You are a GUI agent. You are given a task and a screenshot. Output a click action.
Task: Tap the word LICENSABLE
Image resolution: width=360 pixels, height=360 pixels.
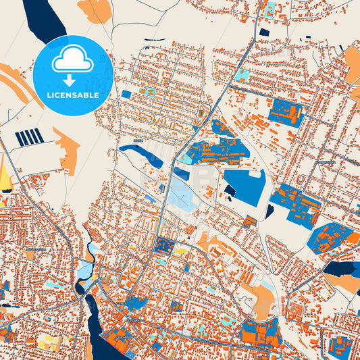click(x=72, y=95)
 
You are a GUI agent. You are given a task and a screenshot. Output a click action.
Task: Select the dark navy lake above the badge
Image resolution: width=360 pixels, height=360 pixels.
click(x=42, y=17)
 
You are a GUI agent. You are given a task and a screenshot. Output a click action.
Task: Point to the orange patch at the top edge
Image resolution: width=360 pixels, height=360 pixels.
click(x=95, y=9)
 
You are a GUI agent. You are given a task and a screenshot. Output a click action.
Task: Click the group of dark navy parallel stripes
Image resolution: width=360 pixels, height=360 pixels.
click(x=29, y=138)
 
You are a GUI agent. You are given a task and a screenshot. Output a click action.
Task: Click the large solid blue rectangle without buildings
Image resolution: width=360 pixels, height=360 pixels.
click(x=245, y=186)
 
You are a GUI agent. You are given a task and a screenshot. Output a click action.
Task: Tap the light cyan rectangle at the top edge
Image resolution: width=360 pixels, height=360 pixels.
click(x=270, y=9)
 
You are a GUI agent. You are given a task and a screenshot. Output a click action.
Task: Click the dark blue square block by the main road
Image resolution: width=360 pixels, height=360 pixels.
click(x=164, y=245)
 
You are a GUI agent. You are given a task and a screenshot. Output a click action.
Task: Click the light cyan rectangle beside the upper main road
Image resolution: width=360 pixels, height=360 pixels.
click(x=242, y=76)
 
